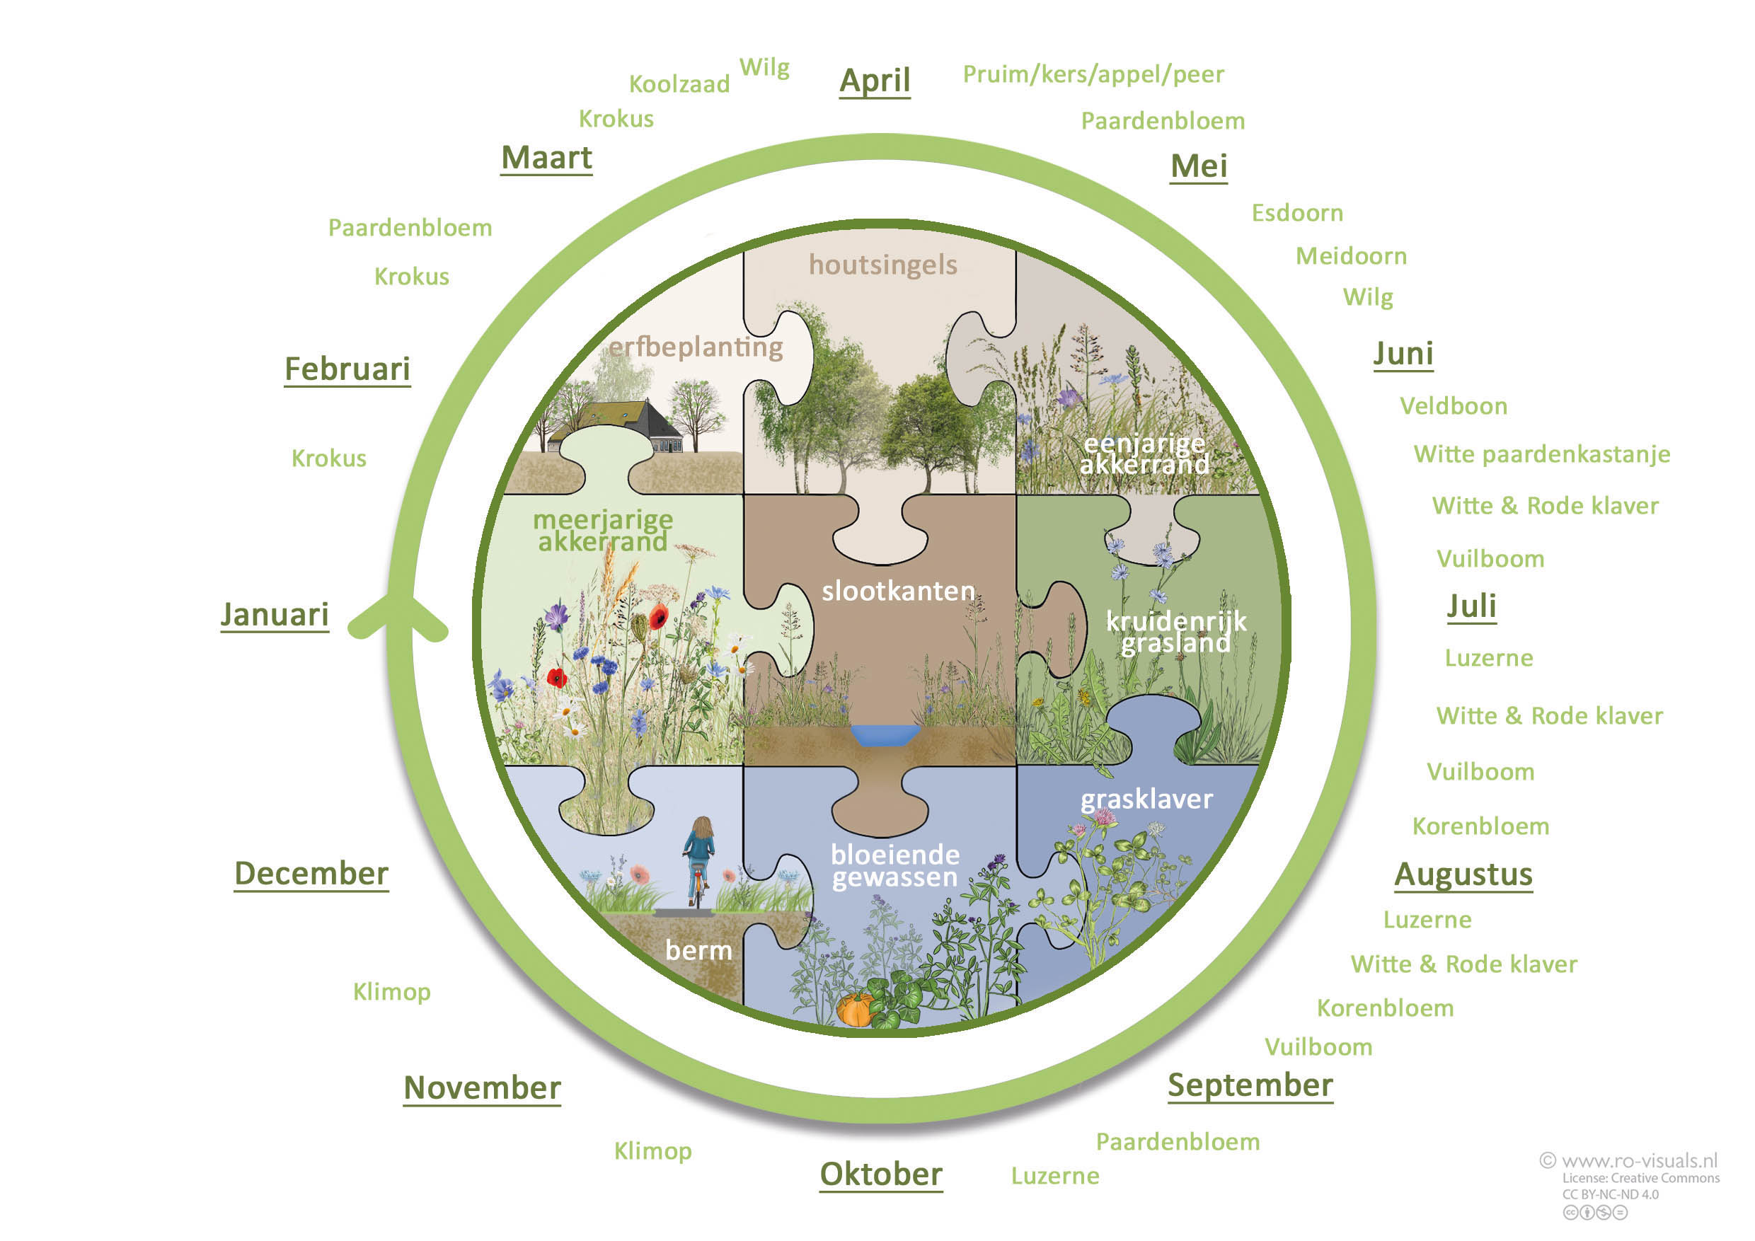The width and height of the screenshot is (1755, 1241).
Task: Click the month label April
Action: (x=875, y=80)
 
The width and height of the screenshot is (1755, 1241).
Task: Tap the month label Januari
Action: (x=275, y=614)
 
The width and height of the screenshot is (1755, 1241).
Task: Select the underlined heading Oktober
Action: (x=880, y=1174)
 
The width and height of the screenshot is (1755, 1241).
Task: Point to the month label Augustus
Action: (x=1463, y=875)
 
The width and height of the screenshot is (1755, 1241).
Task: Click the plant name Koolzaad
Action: (x=679, y=84)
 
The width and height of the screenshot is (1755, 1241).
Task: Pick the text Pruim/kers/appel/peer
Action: (x=1093, y=74)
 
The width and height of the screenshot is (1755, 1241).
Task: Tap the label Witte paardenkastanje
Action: (x=1542, y=455)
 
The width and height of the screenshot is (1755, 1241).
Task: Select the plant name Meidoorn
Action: (x=1351, y=256)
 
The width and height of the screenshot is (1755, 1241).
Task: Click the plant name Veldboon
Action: (x=1453, y=407)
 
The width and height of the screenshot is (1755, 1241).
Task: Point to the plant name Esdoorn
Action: (x=1296, y=213)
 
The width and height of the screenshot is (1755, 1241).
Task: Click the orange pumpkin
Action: (x=856, y=1010)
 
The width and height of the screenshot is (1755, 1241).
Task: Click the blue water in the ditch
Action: (x=885, y=735)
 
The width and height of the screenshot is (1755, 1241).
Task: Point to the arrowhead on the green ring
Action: (x=398, y=615)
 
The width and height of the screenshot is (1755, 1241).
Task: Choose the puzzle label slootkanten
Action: (x=898, y=591)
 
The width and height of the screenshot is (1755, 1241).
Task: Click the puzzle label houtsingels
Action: (x=883, y=265)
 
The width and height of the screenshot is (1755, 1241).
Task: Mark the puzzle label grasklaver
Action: (x=1146, y=800)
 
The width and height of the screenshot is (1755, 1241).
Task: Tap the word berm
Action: (x=698, y=951)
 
